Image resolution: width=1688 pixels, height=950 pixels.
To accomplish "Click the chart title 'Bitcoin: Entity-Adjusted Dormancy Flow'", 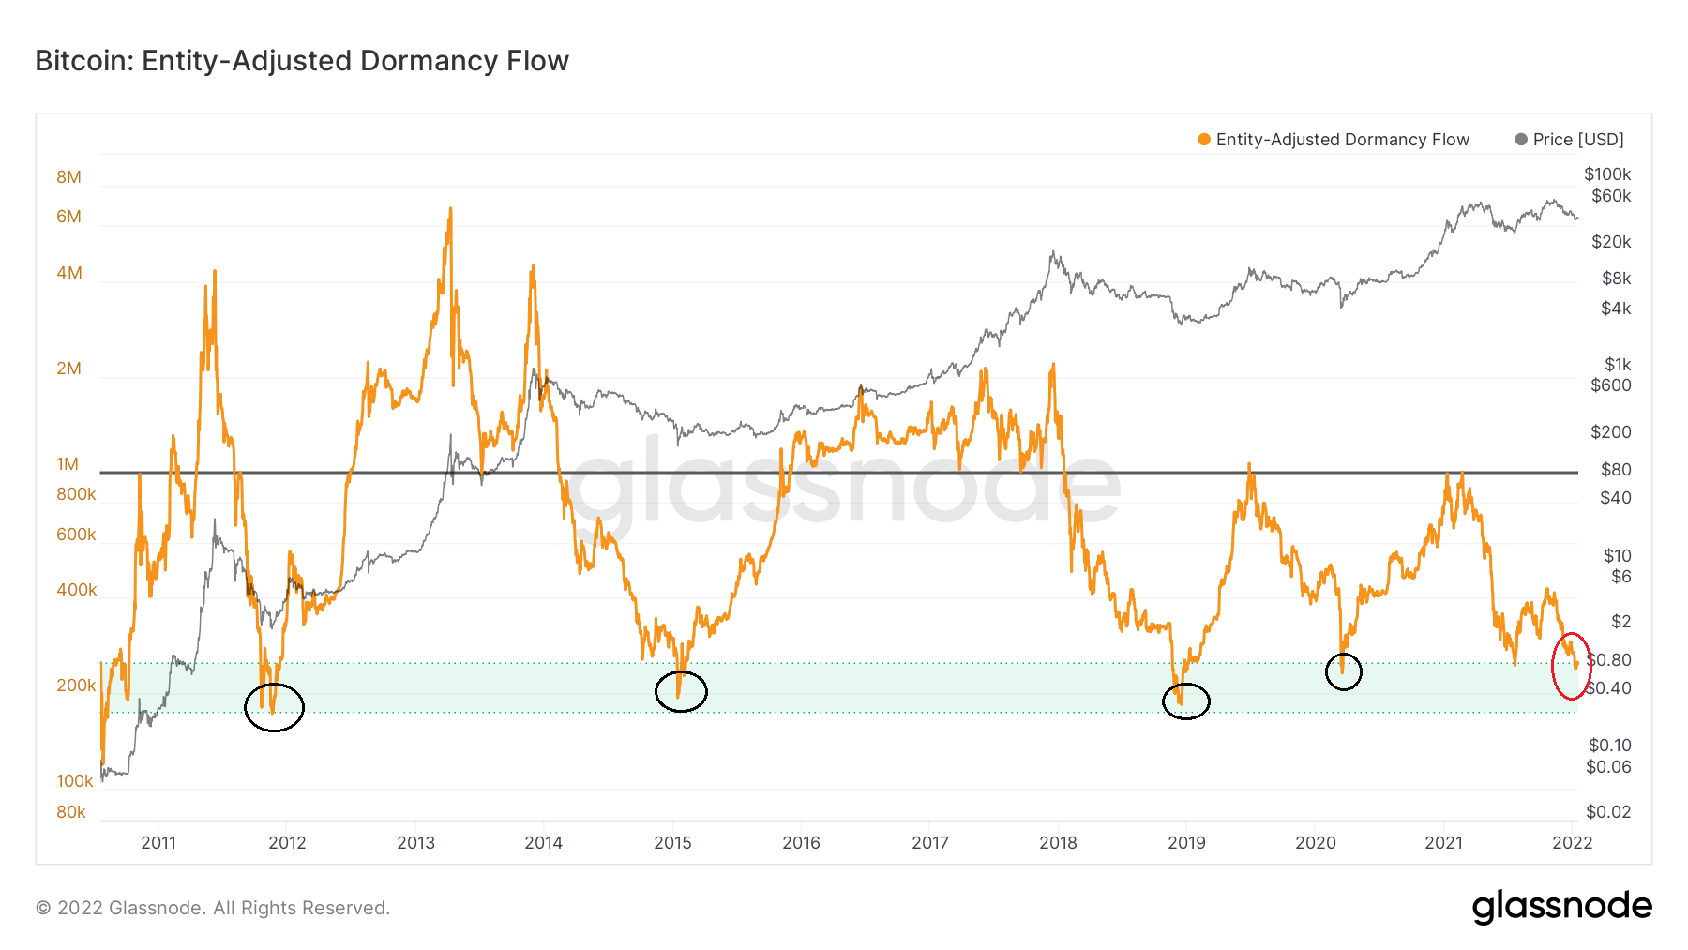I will pos(302,61).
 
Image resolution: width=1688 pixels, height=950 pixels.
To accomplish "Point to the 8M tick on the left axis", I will pos(68,177).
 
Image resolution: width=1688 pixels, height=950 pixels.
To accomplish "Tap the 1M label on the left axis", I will pos(68,464).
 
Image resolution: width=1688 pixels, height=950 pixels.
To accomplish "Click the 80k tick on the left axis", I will pos(71,812).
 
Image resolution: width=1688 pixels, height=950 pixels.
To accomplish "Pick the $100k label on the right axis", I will pos(1607,174).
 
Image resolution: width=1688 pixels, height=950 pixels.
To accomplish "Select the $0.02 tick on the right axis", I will pos(1608,812).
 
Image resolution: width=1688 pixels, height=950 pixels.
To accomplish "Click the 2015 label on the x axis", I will pos(672,843).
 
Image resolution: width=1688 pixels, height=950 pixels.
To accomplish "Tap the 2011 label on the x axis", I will pos(158,843).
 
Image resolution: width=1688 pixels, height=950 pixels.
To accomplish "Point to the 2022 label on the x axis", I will pos(1573,843).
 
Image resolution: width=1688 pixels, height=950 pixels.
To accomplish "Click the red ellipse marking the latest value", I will pos(1571,666).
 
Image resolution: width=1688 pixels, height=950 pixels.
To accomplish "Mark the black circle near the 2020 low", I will pos(1344,671).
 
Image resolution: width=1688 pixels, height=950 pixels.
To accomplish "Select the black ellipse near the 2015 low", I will pos(681,692).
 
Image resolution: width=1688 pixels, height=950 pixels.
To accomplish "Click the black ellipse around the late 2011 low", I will pos(274,707).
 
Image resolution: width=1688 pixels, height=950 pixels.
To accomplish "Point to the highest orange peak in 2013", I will pos(450,210).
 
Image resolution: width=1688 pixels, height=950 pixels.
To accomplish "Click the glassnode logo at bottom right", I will pos(1561,907).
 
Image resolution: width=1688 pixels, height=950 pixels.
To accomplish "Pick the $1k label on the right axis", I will pos(1618,365).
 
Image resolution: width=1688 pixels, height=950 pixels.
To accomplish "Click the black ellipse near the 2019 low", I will pos(1186,701).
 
